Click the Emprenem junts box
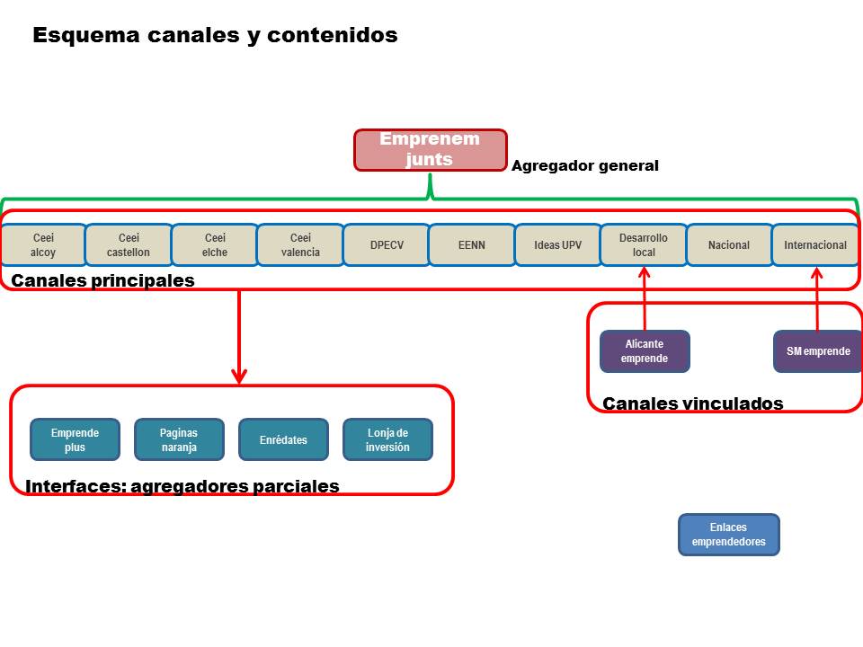[x=430, y=150]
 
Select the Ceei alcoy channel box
[x=43, y=245]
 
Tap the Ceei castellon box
[x=129, y=245]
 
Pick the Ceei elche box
[x=215, y=245]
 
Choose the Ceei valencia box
[x=300, y=245]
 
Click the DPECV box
[x=386, y=245]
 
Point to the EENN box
[x=472, y=245]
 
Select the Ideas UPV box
[x=557, y=245]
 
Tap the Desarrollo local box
[x=644, y=245]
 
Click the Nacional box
[x=729, y=245]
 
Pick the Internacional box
[x=815, y=245]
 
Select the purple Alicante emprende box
[x=645, y=351]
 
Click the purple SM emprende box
[x=818, y=351]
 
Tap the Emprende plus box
[x=75, y=439]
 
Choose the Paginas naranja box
[x=179, y=439]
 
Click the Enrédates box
[x=283, y=439]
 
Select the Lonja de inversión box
[x=387, y=439]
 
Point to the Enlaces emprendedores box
[x=728, y=535]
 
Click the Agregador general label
[x=584, y=166]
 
